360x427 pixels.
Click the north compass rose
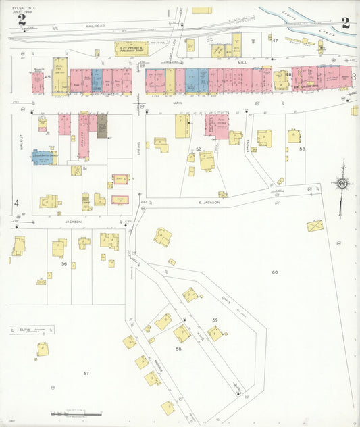click(x=342, y=182)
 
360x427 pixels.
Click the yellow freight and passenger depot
click(x=131, y=49)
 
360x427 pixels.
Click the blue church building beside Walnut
click(x=44, y=157)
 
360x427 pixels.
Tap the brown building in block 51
click(x=102, y=126)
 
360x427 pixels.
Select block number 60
click(x=275, y=272)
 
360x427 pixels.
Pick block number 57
click(x=86, y=373)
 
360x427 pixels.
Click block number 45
click(x=47, y=78)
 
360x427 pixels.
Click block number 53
click(x=302, y=148)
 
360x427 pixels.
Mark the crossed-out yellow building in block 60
click(x=315, y=225)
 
